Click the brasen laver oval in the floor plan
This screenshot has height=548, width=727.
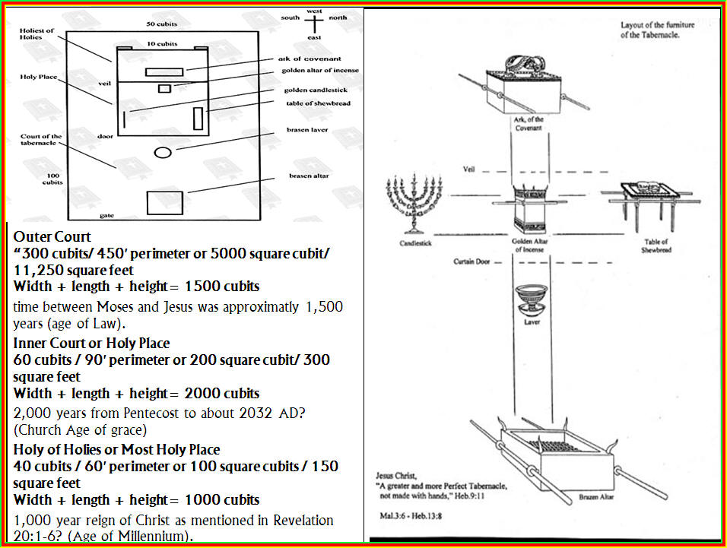[x=163, y=152]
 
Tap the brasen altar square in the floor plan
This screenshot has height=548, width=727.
[x=164, y=202]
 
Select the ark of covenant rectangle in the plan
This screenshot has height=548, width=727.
[x=164, y=72]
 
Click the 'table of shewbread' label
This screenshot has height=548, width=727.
[x=318, y=103]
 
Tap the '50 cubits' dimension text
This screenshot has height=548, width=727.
[x=161, y=24]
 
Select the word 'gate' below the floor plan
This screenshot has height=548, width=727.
[x=106, y=215]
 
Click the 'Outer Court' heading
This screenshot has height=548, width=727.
[x=52, y=236]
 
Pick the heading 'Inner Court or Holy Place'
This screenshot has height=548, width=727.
[x=91, y=343]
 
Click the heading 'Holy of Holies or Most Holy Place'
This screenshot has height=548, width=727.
[x=116, y=449]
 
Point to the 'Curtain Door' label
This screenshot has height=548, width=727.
[x=471, y=261]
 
